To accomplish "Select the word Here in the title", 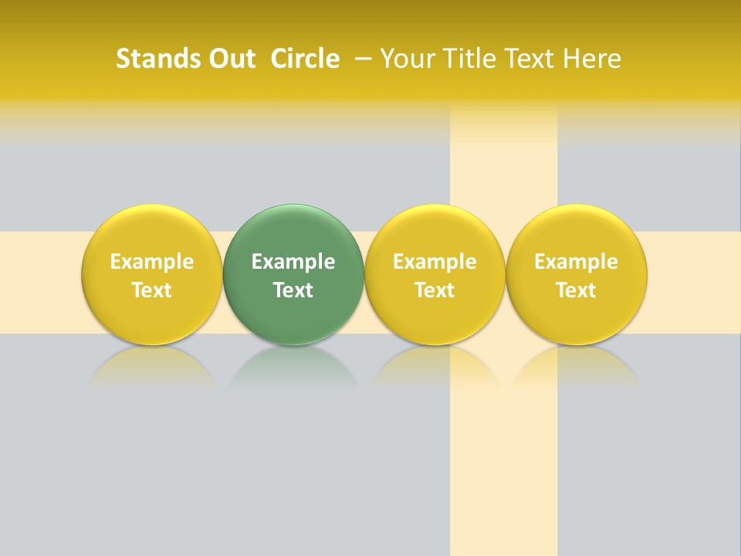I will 592,59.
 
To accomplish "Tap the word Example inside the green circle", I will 293,262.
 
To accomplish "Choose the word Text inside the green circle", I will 293,290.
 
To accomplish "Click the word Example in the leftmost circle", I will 151,262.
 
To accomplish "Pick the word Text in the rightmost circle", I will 576,290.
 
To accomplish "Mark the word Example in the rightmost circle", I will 576,262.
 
